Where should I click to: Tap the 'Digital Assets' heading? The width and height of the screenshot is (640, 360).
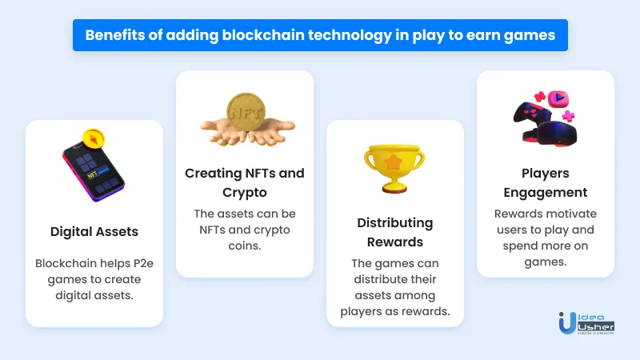pyautogui.click(x=94, y=232)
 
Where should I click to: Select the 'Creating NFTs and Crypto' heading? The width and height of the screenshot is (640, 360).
pyautogui.click(x=245, y=182)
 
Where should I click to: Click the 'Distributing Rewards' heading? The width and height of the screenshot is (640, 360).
pyautogui.click(x=395, y=232)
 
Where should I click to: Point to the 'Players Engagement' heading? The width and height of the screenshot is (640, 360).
pyautogui.click(x=546, y=182)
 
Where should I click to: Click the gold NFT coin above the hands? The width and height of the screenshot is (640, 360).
pyautogui.click(x=246, y=112)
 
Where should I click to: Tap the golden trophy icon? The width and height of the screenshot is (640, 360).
pyautogui.click(x=394, y=168)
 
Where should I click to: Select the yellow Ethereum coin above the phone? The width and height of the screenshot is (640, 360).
pyautogui.click(x=94, y=139)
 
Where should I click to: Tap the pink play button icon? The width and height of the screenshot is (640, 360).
pyautogui.click(x=558, y=98)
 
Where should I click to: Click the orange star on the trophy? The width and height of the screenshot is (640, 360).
pyautogui.click(x=394, y=162)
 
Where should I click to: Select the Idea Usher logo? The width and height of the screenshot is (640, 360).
pyautogui.click(x=586, y=323)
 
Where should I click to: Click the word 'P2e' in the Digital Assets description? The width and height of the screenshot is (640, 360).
pyautogui.click(x=143, y=263)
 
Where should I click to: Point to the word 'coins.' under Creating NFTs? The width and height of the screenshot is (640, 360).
pyautogui.click(x=245, y=246)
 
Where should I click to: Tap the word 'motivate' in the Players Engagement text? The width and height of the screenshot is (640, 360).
pyautogui.click(x=574, y=214)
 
